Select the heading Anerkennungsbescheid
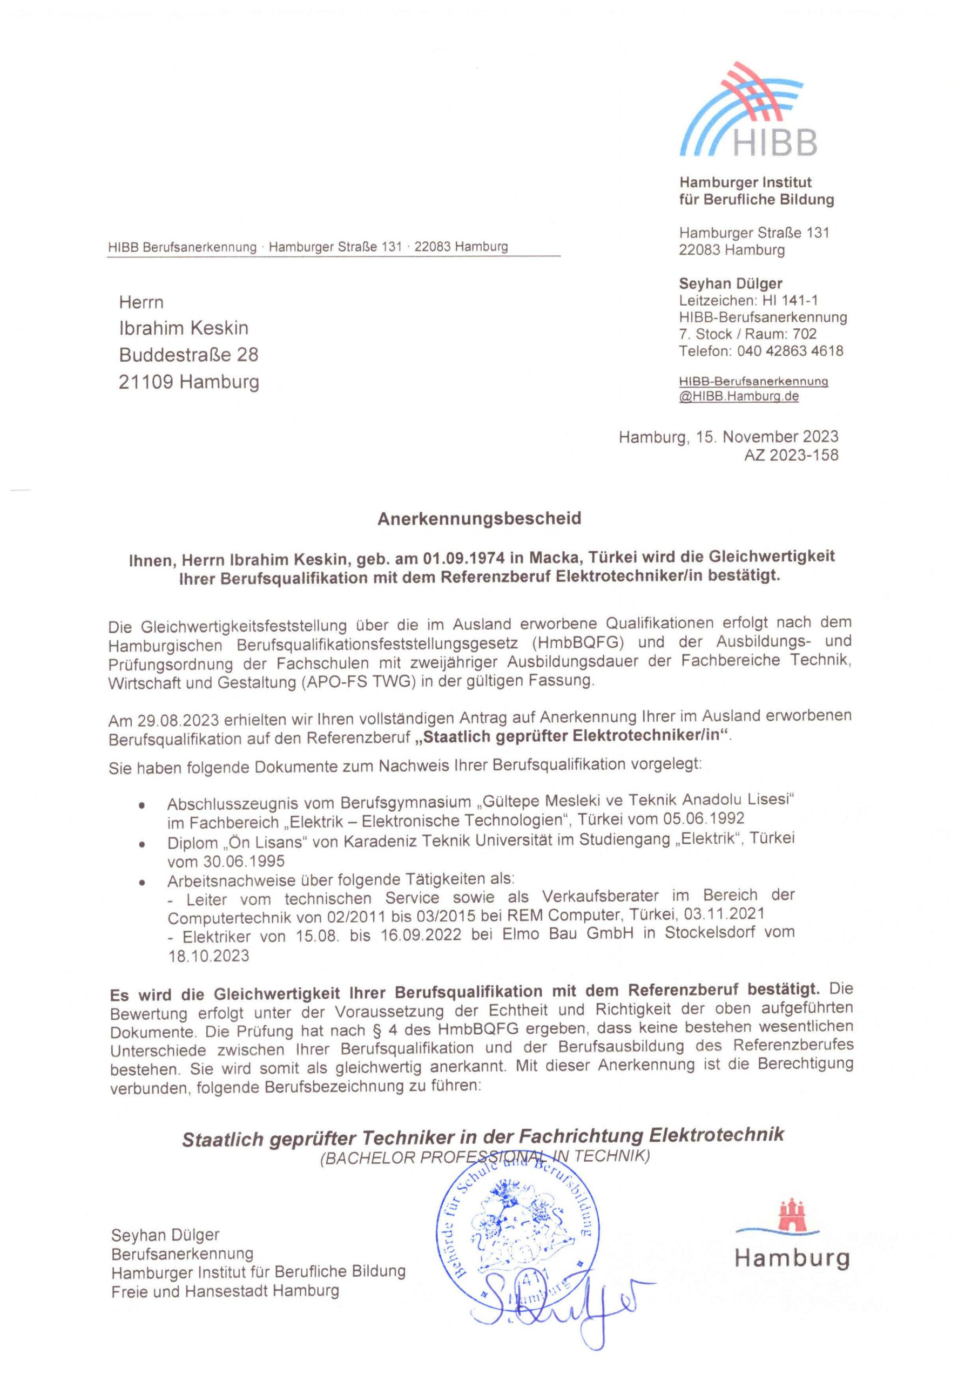pos(480,519)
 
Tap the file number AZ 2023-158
pos(791,456)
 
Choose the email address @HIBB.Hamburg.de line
pos(739,397)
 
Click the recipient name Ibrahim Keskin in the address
pos(184,328)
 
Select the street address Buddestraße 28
pos(188,355)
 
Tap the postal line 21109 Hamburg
pos(189,382)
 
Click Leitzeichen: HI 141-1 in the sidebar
pos(748,300)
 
